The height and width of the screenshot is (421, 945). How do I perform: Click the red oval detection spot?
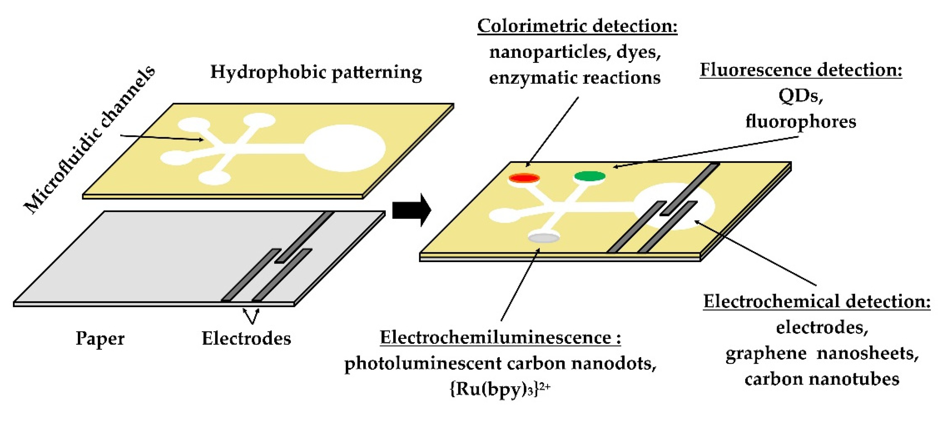pyautogui.click(x=524, y=178)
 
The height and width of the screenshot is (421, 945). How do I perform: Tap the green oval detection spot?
pyautogui.click(x=590, y=176)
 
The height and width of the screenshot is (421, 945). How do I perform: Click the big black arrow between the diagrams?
pyautogui.click(x=411, y=210)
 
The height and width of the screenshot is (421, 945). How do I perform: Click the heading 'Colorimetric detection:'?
pyautogui.click(x=577, y=27)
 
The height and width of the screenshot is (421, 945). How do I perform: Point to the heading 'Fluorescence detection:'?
pyautogui.click(x=801, y=70)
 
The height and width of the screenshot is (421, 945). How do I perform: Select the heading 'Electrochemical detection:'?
pyautogui.click(x=816, y=302)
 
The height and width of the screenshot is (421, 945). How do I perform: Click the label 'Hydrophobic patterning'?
pyautogui.click(x=316, y=72)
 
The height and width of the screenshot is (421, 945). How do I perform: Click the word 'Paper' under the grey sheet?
pyautogui.click(x=100, y=339)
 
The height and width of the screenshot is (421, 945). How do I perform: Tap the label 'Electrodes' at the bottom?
pyautogui.click(x=246, y=339)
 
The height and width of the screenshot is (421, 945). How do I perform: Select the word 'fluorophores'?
pyautogui.click(x=801, y=122)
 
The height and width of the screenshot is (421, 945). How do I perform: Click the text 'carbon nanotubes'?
pyautogui.click(x=822, y=379)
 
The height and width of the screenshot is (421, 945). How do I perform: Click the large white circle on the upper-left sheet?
pyautogui.click(x=345, y=148)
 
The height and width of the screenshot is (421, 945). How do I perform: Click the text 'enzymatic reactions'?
pyautogui.click(x=575, y=78)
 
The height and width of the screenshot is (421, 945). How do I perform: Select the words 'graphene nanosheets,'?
pyautogui.click(x=822, y=353)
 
